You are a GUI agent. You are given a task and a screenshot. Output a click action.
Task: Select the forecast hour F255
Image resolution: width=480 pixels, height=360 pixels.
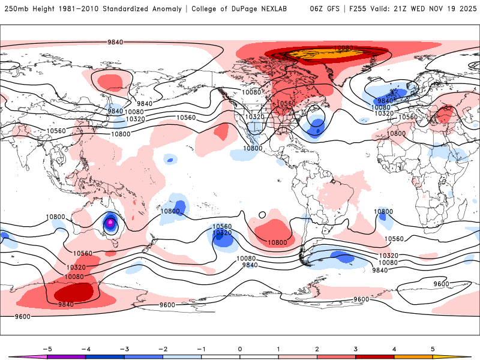(x=359, y=9)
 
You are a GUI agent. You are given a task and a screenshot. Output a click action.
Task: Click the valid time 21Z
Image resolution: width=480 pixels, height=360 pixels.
(x=406, y=9)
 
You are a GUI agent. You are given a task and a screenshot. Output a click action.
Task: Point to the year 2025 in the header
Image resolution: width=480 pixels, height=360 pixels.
(x=464, y=9)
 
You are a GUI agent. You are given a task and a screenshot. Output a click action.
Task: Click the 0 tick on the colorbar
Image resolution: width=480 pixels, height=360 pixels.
(x=239, y=348)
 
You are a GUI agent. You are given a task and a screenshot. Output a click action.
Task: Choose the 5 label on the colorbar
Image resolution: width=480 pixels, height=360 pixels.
(x=433, y=348)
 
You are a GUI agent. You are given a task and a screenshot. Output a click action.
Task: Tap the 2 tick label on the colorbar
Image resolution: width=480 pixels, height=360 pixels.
(x=317, y=348)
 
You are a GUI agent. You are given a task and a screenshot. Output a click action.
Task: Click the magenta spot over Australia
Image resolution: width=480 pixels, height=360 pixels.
(x=110, y=223)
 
